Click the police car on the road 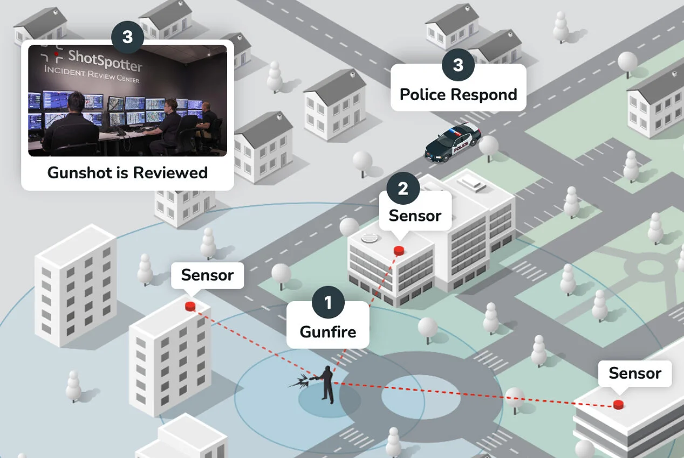point(453,142)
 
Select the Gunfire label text point(328,331)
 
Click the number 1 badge point(328,303)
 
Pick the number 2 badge point(402,189)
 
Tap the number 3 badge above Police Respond point(458,65)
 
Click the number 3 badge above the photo point(127,37)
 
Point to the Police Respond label point(458,95)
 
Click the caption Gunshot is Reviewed point(127,172)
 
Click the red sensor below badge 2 point(399,250)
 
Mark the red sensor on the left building point(190,306)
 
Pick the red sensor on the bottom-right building point(619,404)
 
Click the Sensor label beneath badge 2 point(415,216)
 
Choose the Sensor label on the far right point(634,373)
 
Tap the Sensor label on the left point(207,275)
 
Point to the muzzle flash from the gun point(298,383)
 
